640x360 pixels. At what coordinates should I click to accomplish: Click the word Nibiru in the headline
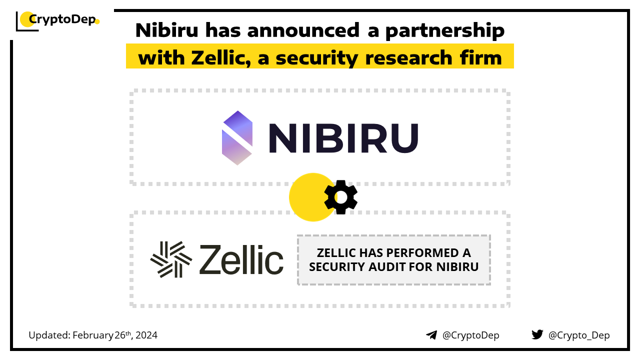point(167,30)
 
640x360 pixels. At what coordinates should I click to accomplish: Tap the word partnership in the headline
point(445,31)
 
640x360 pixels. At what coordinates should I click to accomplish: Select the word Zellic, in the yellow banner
point(221,58)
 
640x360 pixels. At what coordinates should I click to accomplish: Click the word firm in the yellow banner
point(481,57)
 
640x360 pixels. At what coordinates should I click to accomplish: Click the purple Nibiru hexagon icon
point(237,137)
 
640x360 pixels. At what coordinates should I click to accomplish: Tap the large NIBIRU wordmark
point(343,138)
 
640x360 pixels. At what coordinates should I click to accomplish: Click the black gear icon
point(340,197)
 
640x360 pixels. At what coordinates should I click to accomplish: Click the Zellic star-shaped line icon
point(171,259)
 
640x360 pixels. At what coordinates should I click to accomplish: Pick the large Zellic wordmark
point(241,259)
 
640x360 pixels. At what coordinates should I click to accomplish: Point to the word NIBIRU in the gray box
point(457,267)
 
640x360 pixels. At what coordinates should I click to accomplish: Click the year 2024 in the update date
point(146,335)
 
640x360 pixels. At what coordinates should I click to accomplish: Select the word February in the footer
point(93,335)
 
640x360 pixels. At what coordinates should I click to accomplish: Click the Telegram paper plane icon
point(431,335)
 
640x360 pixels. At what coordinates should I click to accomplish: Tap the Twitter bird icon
point(537,334)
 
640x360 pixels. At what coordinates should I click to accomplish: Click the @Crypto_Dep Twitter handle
point(579,335)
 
